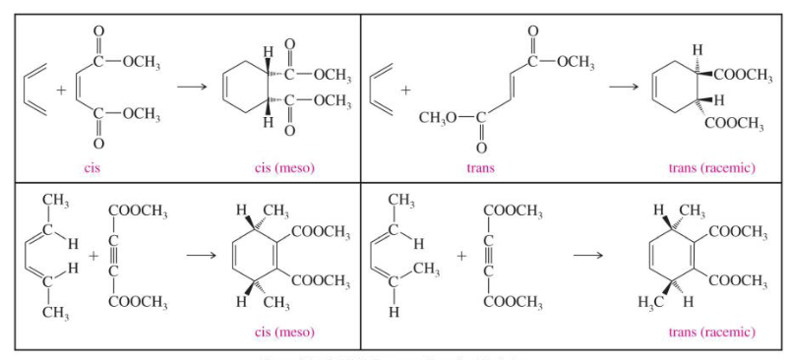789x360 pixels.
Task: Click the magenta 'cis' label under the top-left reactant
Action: click(x=92, y=167)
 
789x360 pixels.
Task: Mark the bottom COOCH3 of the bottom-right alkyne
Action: click(x=513, y=301)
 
